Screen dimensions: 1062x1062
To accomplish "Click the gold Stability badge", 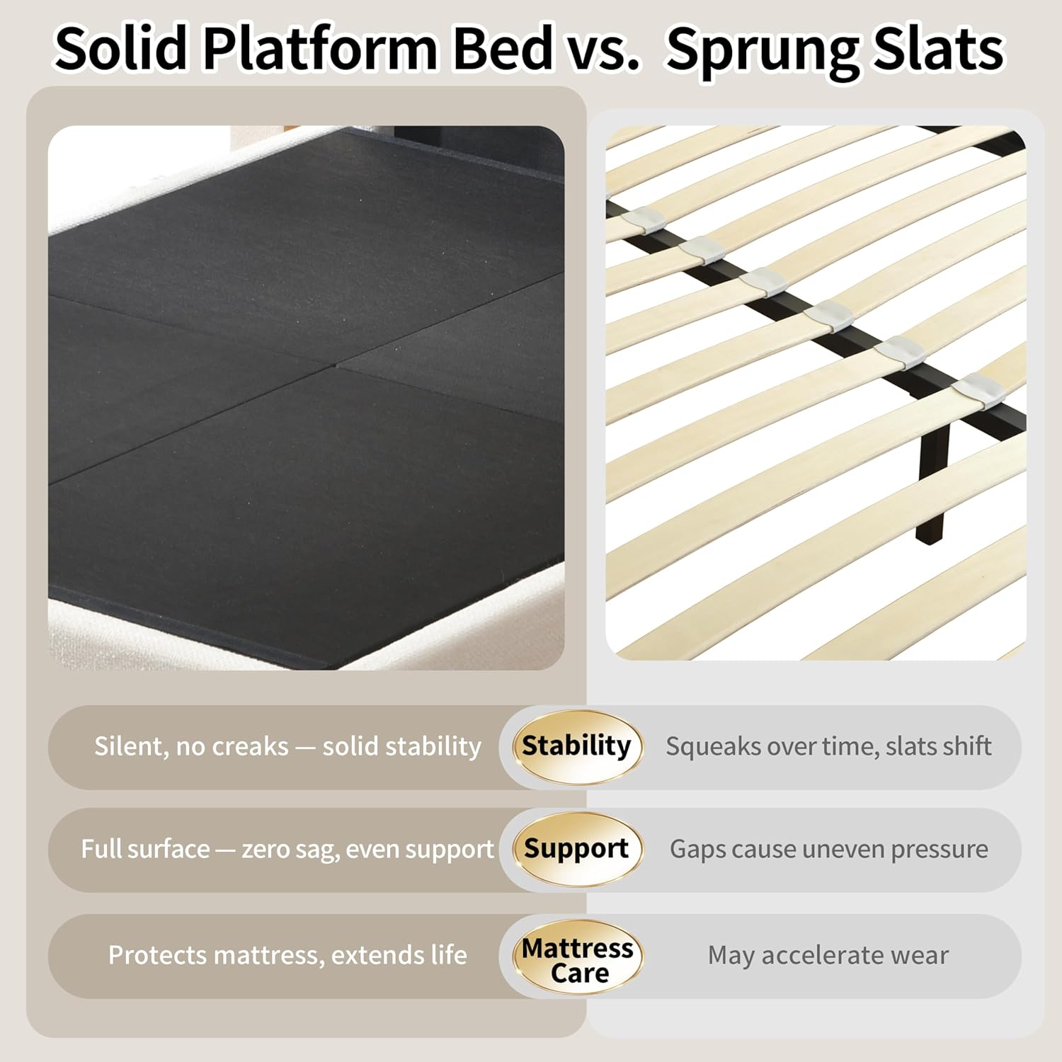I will tap(576, 746).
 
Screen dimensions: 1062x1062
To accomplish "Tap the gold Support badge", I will tap(576, 849).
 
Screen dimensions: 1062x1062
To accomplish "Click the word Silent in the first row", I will tap(128, 746).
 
